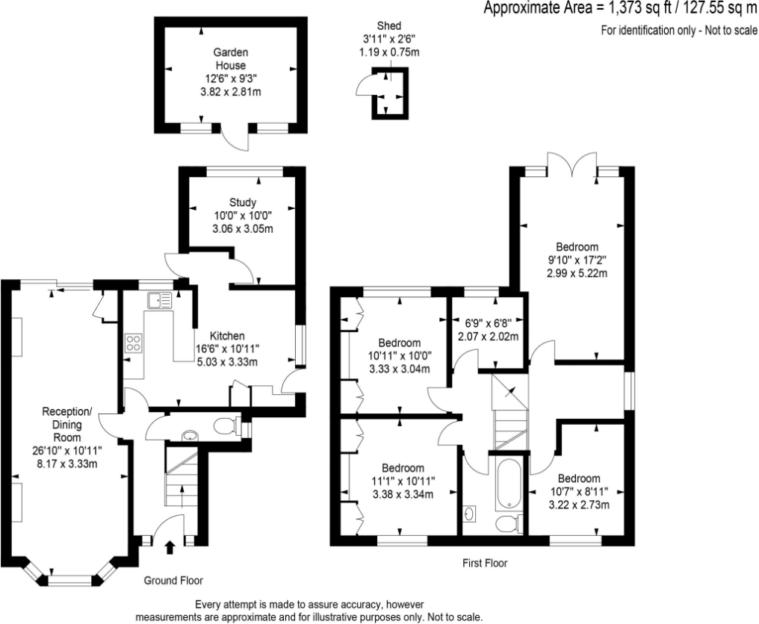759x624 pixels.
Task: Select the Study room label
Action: [x=243, y=202]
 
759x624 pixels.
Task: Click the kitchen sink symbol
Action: [x=160, y=301]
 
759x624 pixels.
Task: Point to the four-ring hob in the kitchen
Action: [x=134, y=343]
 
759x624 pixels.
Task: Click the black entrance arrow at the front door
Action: [x=169, y=549]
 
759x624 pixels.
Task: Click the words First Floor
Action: [x=484, y=564]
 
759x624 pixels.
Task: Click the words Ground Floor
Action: [x=173, y=580]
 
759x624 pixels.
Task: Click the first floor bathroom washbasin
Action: [x=469, y=514]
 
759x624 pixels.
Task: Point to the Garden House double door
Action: [x=232, y=140]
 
